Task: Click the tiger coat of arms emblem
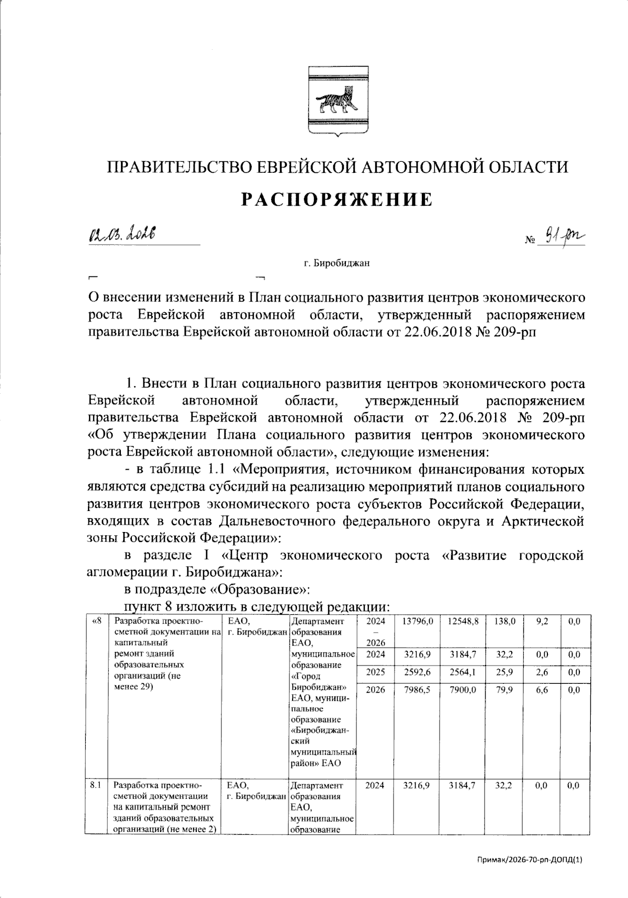click(337, 101)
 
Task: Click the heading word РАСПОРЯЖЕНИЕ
click(337, 200)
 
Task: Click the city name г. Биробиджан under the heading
click(337, 263)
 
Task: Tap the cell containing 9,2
click(542, 622)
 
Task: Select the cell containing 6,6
click(542, 690)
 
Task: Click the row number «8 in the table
click(96, 622)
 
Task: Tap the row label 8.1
click(95, 785)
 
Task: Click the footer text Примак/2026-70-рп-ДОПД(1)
click(530, 874)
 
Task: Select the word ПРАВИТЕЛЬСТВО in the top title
click(175, 167)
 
